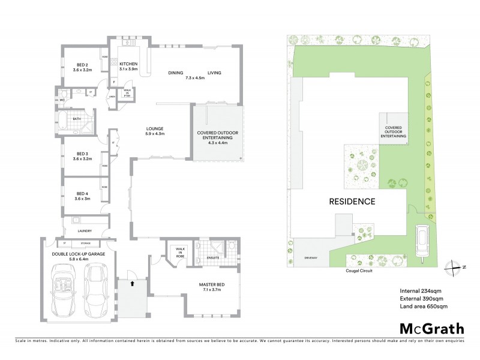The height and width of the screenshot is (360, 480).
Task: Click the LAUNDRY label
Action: [84, 230]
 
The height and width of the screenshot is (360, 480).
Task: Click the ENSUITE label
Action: [214, 259]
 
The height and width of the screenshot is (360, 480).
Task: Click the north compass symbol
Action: [456, 267]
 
